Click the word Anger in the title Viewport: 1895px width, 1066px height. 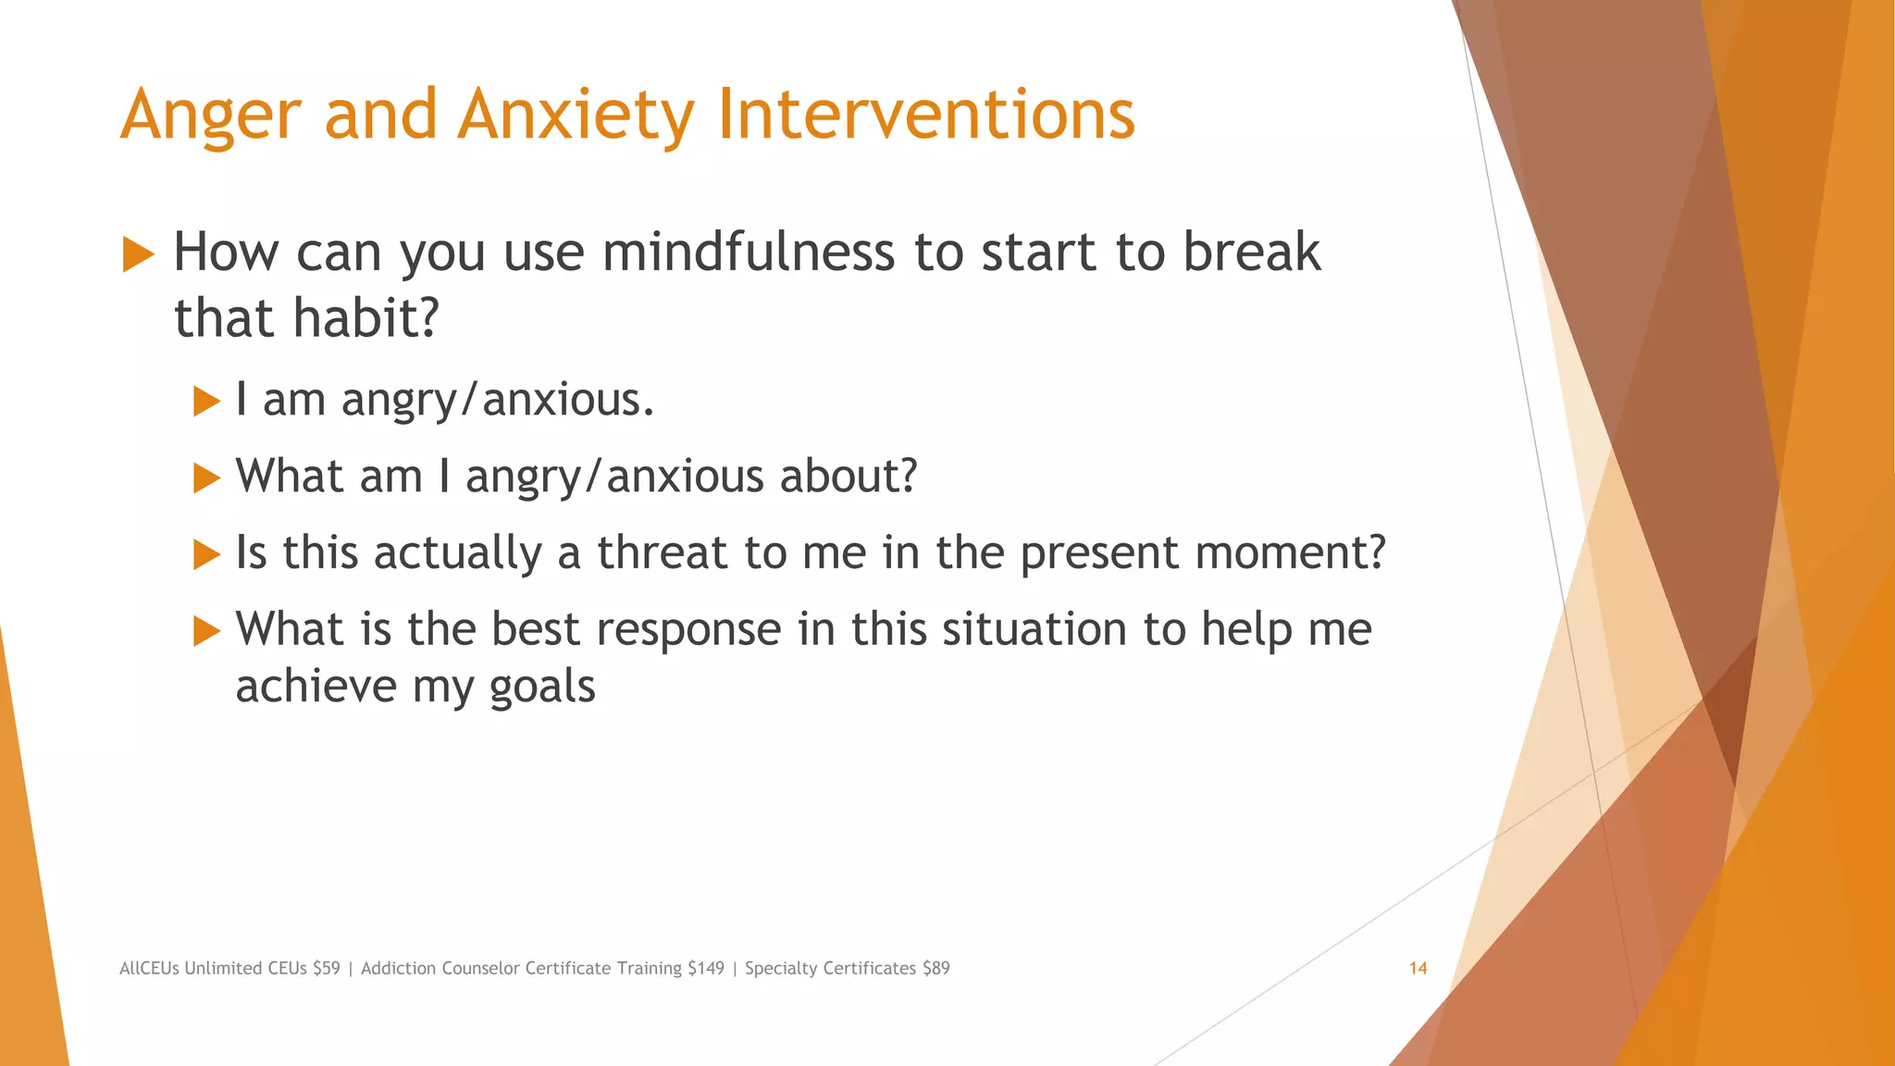[211, 116]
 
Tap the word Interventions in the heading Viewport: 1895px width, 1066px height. [925, 116]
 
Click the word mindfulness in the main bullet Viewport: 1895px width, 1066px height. [748, 252]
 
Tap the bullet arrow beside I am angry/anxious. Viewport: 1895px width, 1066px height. [206, 402]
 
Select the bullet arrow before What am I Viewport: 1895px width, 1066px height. [206, 478]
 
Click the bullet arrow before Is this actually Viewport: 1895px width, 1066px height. [206, 555]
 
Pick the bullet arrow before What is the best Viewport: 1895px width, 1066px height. [206, 632]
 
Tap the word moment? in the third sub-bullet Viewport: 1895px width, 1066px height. [1290, 553]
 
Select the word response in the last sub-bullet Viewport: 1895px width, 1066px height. [688, 630]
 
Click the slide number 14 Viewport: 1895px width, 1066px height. [1418, 969]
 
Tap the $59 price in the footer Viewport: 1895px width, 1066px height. [326, 969]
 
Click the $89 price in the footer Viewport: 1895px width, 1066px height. [935, 969]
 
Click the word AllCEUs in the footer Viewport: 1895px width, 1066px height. [149, 969]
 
